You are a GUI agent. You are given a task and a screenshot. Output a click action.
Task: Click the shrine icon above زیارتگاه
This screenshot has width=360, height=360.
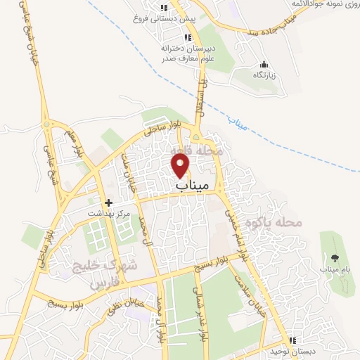click(x=264, y=64)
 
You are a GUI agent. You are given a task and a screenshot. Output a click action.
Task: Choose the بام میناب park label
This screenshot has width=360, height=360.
click(x=334, y=269)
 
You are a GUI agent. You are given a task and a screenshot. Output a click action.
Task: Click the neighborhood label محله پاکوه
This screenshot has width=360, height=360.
click(x=274, y=223)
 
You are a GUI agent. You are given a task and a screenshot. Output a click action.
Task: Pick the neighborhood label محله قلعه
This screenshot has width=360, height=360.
click(x=197, y=150)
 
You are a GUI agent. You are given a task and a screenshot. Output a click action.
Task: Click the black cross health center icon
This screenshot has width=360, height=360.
click(x=108, y=202)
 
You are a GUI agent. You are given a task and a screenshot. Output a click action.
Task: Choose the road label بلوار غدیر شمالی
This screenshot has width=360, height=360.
click(x=201, y=316)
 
